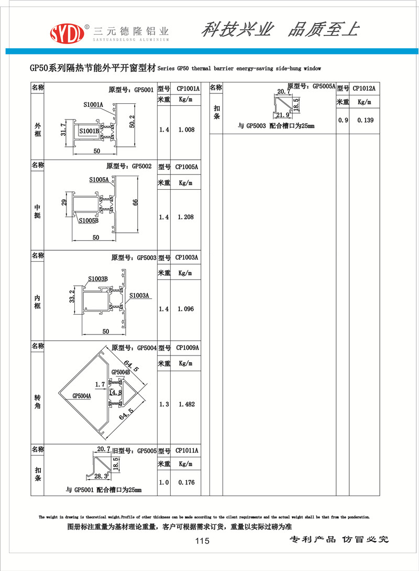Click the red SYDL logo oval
67,34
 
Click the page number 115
202,541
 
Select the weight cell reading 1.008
186,130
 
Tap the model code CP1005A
186,167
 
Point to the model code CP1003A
186,257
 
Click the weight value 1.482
186,404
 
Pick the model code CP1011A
187,450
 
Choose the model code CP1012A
364,88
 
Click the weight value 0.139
365,120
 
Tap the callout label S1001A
93,105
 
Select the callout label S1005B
89,220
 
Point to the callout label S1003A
139,295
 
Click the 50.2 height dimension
132,121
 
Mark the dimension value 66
135,202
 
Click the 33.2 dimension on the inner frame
72,296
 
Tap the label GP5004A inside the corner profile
82,396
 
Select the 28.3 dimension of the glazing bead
101,476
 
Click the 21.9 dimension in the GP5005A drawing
283,115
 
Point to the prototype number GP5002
142,166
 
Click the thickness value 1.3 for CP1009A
164,404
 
